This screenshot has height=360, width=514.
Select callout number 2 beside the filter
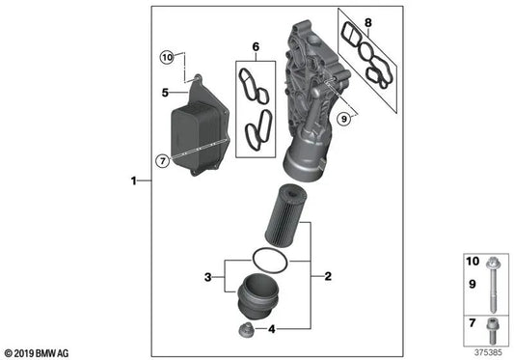pyautogui.click(x=327, y=277)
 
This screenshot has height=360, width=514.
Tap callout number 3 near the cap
pyautogui.click(x=206, y=278)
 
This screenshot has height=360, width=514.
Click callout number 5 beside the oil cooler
pyautogui.click(x=166, y=93)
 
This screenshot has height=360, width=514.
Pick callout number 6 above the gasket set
pyautogui.click(x=256, y=46)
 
